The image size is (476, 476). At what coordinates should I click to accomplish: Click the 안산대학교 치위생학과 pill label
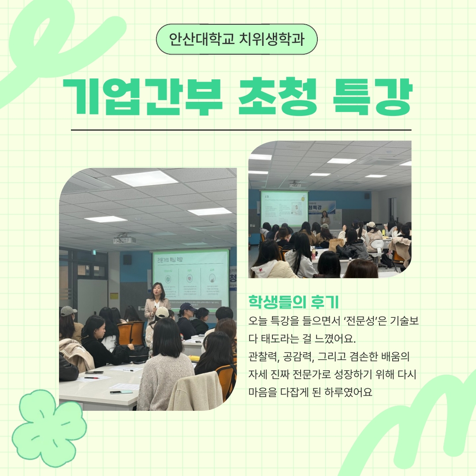237,39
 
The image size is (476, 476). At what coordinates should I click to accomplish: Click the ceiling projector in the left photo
124,239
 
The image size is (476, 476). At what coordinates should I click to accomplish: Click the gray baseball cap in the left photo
68,311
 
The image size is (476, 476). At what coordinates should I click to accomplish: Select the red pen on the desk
92,378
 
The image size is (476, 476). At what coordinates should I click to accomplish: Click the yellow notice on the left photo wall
114,296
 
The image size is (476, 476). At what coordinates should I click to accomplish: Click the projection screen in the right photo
284,208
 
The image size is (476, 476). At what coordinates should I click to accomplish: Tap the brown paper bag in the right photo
336,244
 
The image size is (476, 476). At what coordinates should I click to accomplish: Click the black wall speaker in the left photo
127,259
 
